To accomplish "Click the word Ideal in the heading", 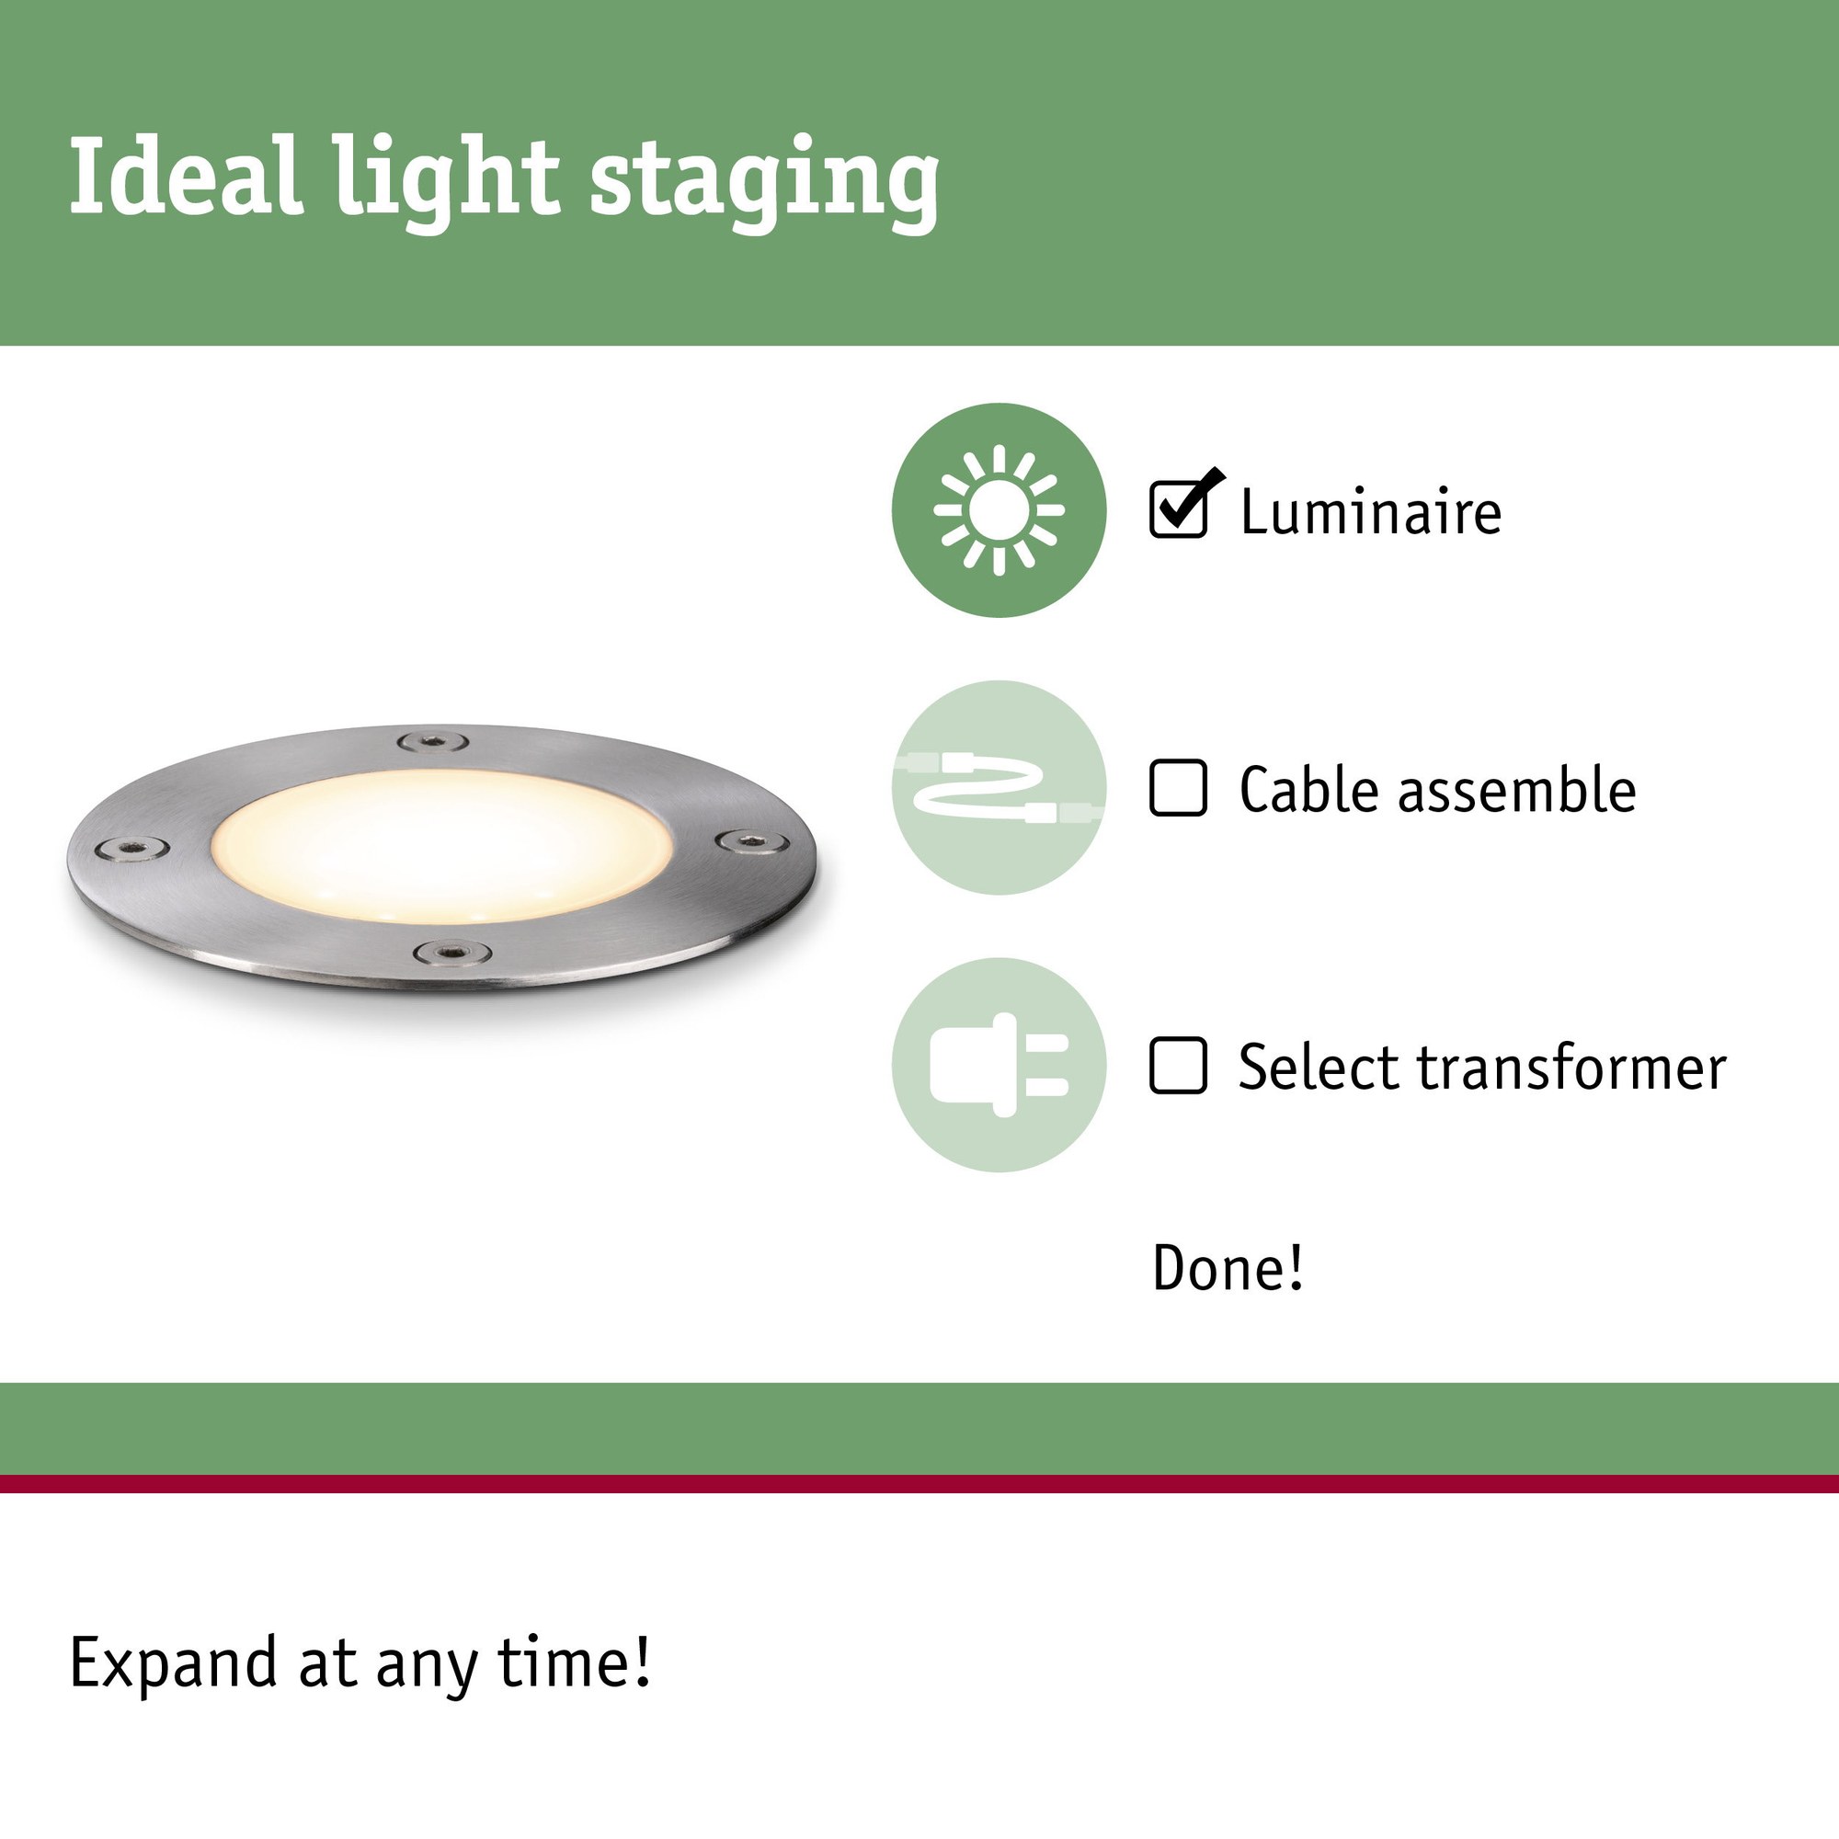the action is pos(187,177).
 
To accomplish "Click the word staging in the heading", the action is pos(764,183).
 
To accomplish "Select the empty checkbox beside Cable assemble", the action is pos(1179,787).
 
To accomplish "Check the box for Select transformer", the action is pos(1179,1065).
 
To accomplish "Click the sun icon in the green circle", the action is pos(999,510).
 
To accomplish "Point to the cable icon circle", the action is pos(999,787).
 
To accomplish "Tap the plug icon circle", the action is pos(999,1065).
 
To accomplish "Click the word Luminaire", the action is pos(1371,511).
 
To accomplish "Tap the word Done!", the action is pos(1227,1267).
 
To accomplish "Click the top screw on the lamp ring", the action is pos(432,741).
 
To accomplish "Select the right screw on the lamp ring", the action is pos(752,841).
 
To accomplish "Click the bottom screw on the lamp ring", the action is pos(452,951).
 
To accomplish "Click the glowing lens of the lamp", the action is pos(440,845).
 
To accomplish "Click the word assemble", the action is pos(1516,789).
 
